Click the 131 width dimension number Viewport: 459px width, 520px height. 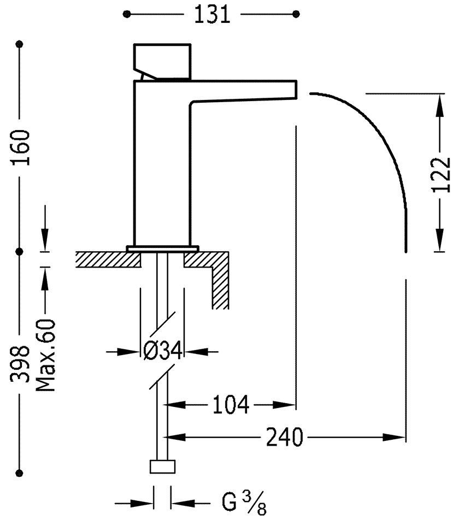coord(211,15)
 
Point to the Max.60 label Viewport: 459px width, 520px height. coord(46,356)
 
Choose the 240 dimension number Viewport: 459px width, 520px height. coord(285,438)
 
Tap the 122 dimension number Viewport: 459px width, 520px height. coord(440,175)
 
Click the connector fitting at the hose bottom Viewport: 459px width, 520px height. coord(163,467)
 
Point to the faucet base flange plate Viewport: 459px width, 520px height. coord(162,249)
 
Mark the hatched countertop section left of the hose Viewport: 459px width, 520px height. coord(108,259)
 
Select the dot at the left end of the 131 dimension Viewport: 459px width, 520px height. coord(127,13)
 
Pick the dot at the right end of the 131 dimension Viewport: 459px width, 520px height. coord(297,13)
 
